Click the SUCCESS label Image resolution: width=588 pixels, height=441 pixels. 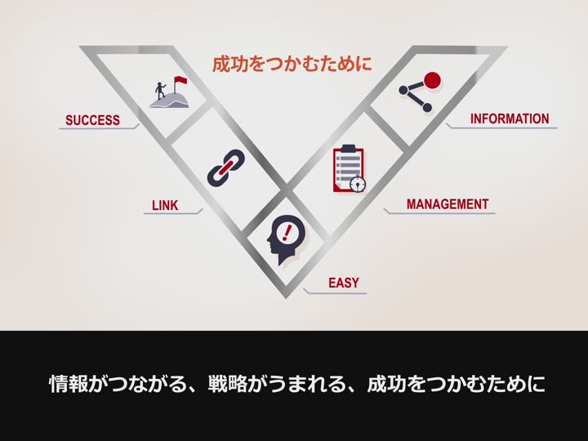click(92, 120)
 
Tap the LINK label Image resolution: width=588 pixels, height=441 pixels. click(165, 206)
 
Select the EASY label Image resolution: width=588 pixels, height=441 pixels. click(344, 283)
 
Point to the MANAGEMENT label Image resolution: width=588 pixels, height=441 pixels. click(448, 204)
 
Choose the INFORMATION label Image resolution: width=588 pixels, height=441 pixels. click(510, 118)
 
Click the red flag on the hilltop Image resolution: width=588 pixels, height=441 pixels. click(180, 80)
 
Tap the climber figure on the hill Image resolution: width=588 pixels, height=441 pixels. click(161, 91)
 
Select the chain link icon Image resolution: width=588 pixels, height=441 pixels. click(226, 167)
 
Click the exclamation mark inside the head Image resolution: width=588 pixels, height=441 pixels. click(287, 232)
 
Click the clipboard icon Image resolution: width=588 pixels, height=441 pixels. click(350, 169)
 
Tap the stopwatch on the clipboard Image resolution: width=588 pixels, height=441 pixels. click(358, 184)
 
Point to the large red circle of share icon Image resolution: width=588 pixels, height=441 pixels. click(432, 80)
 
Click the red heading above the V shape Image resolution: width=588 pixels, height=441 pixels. click(292, 64)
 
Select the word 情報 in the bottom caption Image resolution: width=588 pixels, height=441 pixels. click(69, 384)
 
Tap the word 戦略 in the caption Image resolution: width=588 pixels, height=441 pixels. click(228, 384)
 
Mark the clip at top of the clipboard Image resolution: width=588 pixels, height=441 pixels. click(349, 149)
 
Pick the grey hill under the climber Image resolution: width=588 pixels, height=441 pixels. click(170, 100)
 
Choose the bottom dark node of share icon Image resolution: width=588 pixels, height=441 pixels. click(427, 108)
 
